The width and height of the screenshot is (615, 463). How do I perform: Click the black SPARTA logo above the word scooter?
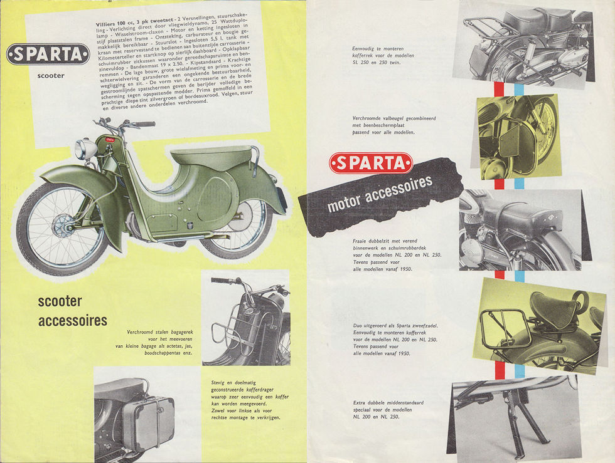point(48,55)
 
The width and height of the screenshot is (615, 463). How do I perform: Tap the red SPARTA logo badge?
point(371,163)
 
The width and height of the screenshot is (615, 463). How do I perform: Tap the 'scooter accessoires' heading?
point(72,311)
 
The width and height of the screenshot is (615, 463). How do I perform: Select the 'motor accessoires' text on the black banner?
point(380,194)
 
